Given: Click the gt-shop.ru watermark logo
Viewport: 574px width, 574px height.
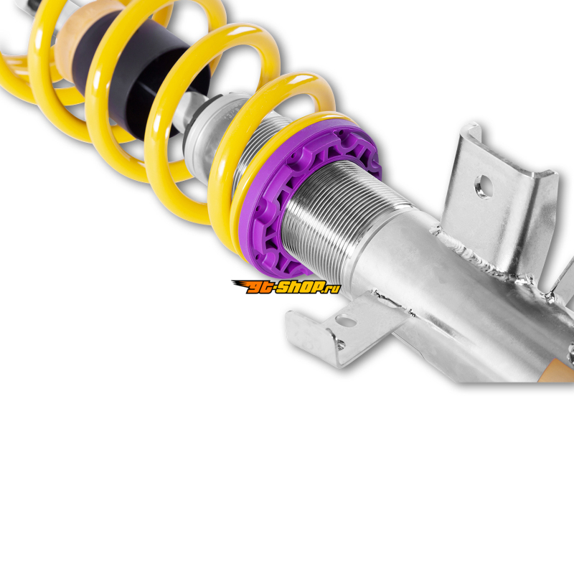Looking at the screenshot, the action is tap(286, 287).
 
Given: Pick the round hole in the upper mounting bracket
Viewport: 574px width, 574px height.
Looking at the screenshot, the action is tap(484, 187).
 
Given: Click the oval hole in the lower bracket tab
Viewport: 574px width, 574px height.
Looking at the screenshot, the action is tap(347, 321).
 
